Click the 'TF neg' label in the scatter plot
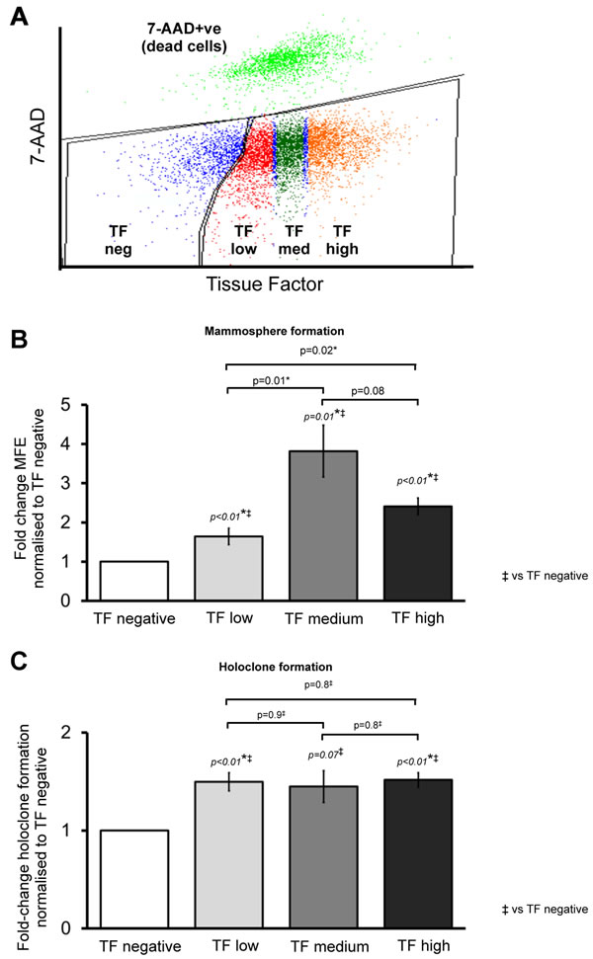point(118,240)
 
